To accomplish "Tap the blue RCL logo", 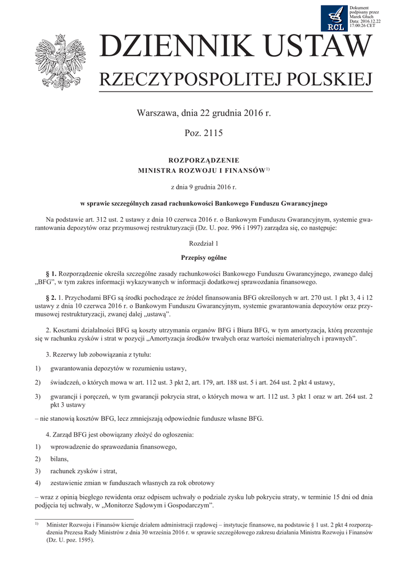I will [334, 19].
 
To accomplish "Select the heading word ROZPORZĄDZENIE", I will [204, 160].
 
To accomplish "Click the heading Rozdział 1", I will [204, 244].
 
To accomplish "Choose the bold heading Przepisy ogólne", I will [204, 258].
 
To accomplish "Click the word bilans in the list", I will [60, 459].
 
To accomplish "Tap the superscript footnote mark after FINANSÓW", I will [268, 168].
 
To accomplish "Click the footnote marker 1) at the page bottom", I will [37, 524].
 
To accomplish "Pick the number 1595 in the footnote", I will [83, 539].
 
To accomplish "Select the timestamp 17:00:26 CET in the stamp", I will [362, 26].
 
